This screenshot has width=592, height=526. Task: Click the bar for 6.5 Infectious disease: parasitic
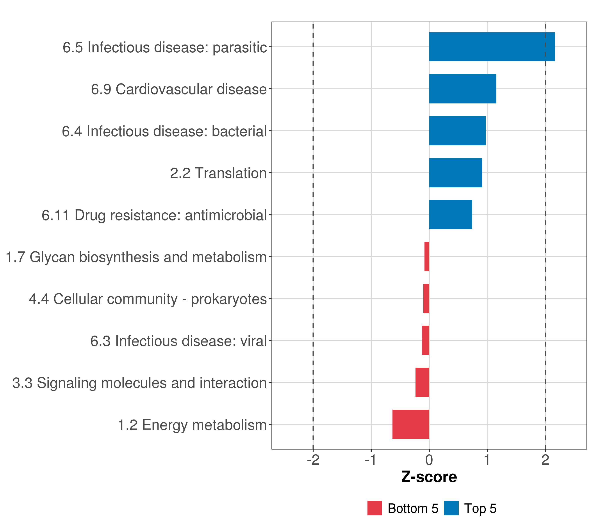[x=492, y=47]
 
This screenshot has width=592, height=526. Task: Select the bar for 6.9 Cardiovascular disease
[x=463, y=89]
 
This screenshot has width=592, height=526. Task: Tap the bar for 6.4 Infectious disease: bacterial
[x=457, y=131]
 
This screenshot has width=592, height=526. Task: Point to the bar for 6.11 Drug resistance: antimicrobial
[x=450, y=215]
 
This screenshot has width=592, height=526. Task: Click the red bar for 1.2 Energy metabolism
[x=411, y=424]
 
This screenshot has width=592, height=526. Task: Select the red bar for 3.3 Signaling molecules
[x=422, y=382]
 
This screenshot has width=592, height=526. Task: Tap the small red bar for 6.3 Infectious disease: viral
[x=425, y=340]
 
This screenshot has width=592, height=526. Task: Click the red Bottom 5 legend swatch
[x=374, y=508]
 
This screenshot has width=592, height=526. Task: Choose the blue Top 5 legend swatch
[x=451, y=508]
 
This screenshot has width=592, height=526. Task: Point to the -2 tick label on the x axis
[x=313, y=460]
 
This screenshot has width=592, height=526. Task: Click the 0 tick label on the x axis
[x=429, y=460]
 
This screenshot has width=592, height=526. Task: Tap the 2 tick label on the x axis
[x=545, y=460]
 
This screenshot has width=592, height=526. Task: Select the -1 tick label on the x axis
[x=371, y=460]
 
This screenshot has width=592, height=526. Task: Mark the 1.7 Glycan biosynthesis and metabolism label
[x=136, y=257]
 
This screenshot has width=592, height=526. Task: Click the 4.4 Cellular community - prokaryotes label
[x=148, y=299]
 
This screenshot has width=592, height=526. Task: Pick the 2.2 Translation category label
[x=218, y=173]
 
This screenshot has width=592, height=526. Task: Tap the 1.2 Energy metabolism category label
[x=192, y=425]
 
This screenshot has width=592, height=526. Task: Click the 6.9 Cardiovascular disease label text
[x=179, y=89]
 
